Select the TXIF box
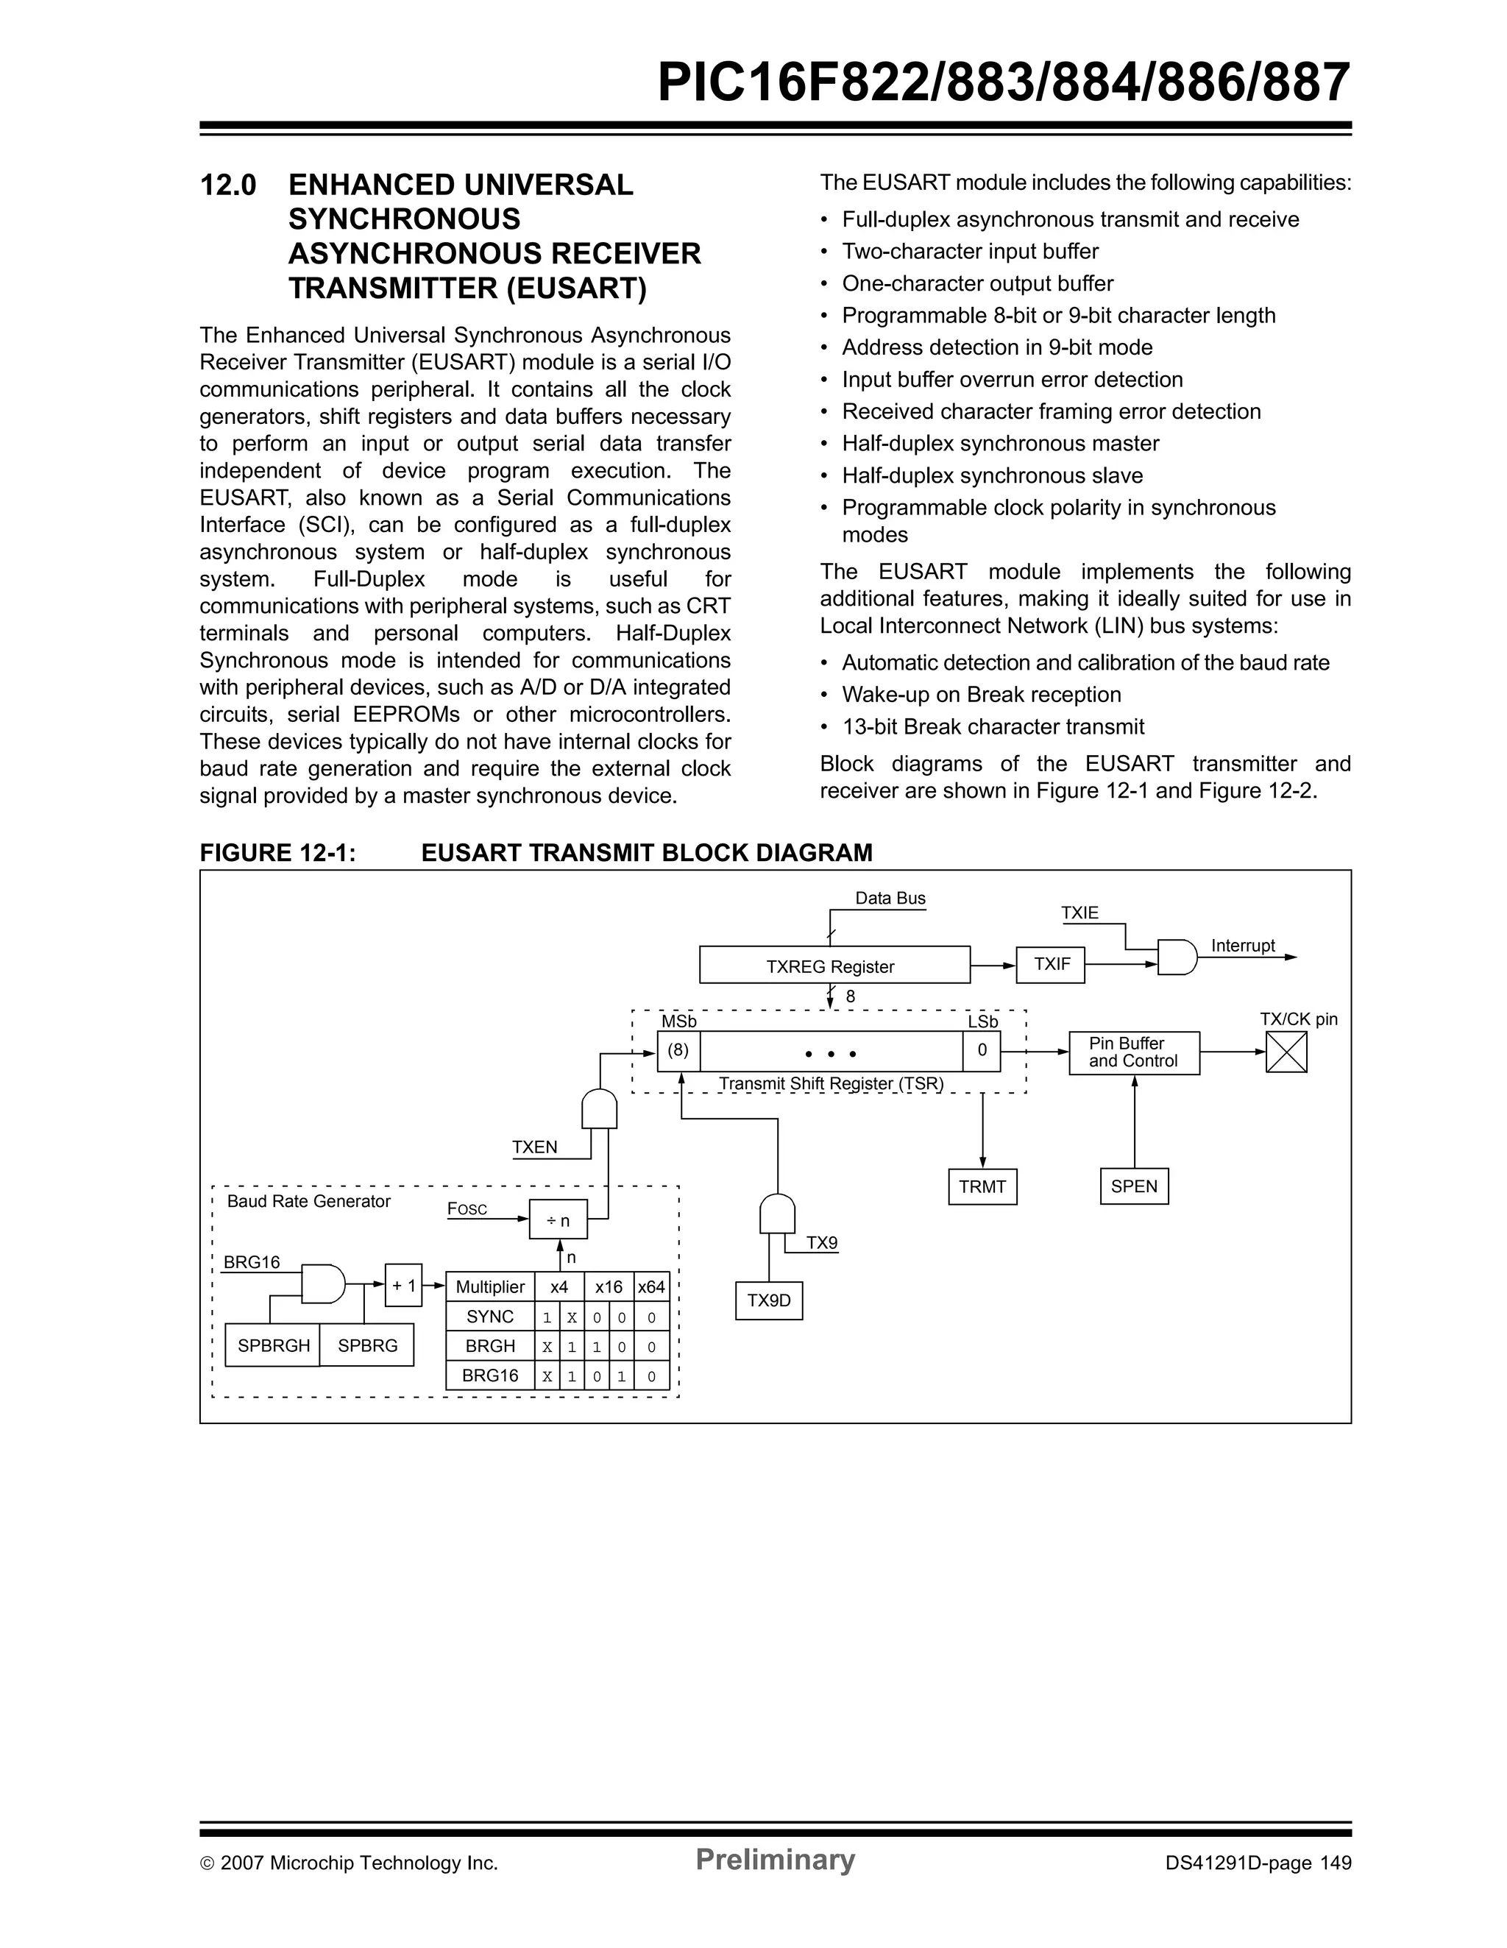pos(1051,964)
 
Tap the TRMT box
pos(982,1186)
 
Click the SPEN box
pos(1133,1186)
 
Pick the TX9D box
pos(769,1300)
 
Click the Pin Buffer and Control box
pos(1133,1052)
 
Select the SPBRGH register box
pos(273,1346)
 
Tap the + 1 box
pos(403,1285)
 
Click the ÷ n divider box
pos(559,1219)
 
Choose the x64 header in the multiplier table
pos(651,1287)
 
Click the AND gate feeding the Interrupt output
pos(1176,957)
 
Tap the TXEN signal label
pos(534,1147)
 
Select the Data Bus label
pos(890,898)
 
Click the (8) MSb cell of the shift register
pos(678,1051)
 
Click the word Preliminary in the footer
pos(775,1860)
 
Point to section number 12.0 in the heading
pos(228,185)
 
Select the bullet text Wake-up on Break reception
pos(981,695)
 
